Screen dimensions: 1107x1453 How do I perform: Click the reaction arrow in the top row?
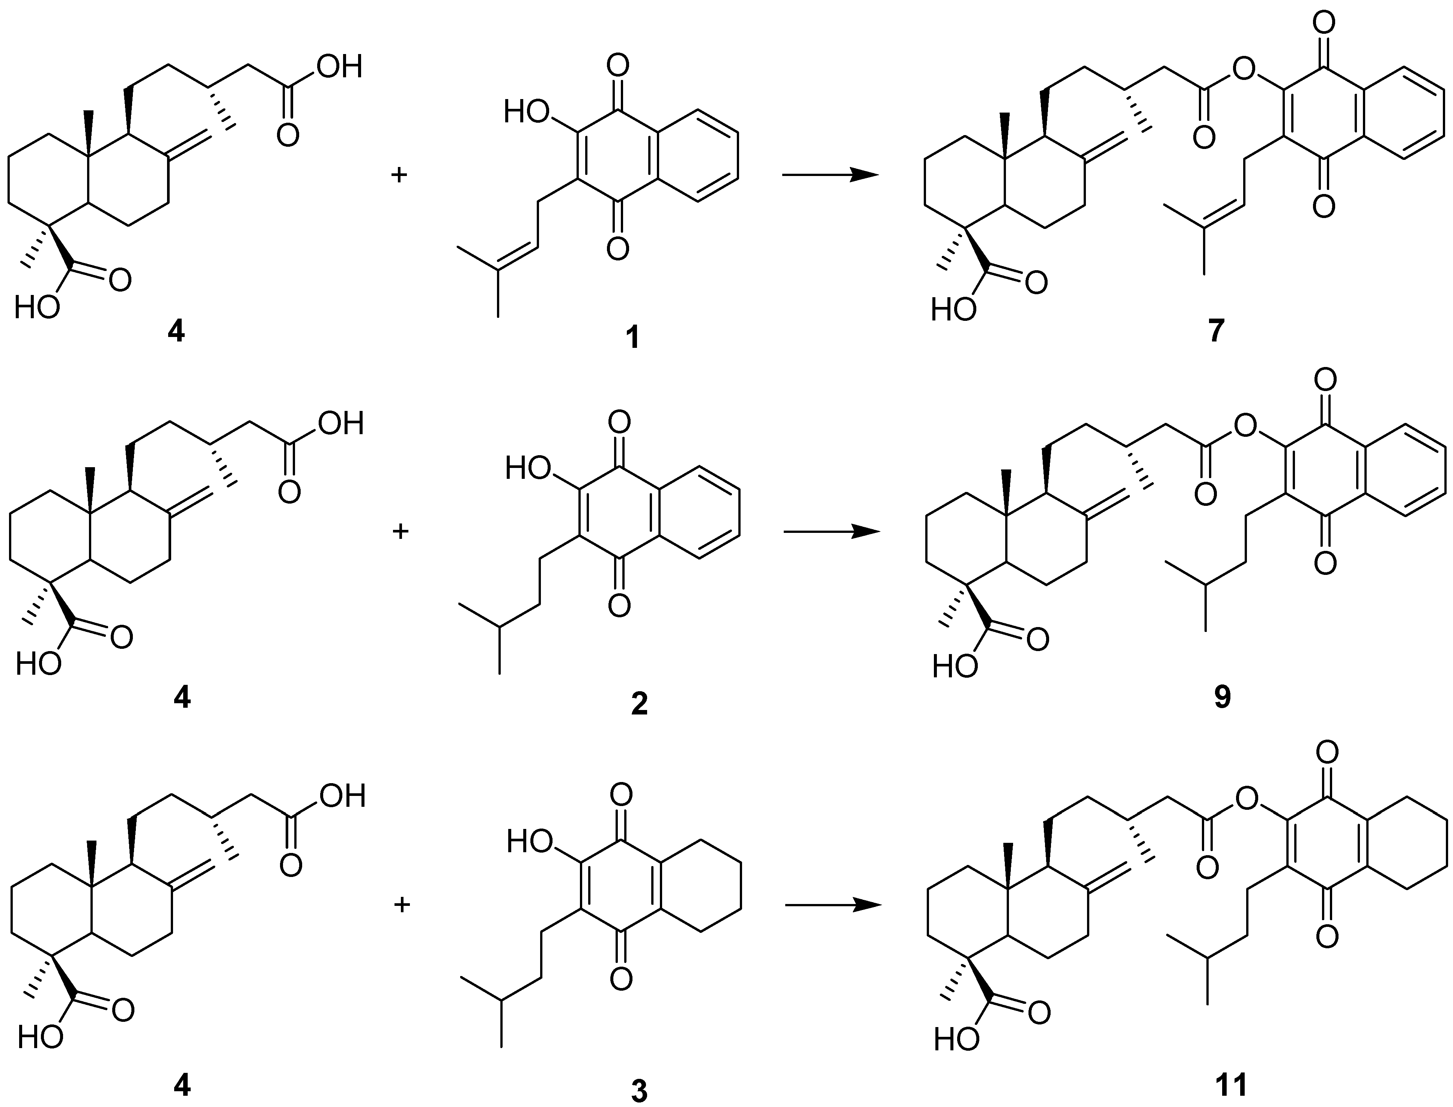click(830, 174)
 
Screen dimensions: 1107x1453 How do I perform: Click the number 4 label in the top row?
click(176, 331)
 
